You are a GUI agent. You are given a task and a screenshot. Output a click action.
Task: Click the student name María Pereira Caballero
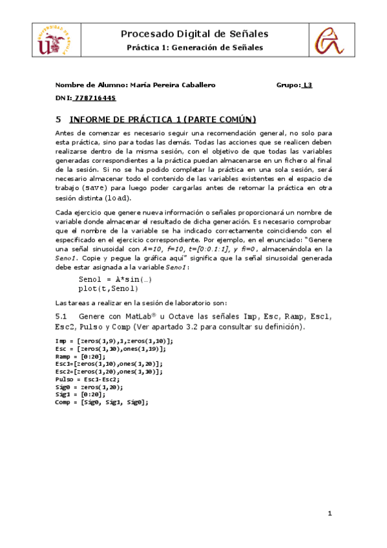[173, 85]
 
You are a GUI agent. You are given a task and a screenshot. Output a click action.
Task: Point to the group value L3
[308, 85]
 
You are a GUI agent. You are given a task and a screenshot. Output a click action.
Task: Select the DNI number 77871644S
[94, 98]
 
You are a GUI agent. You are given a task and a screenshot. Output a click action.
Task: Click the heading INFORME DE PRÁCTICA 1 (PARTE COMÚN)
[163, 120]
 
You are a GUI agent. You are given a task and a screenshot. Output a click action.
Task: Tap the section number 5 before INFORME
[58, 120]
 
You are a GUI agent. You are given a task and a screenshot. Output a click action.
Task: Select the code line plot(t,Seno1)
[109, 288]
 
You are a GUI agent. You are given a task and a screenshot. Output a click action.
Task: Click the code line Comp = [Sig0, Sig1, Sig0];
[102, 402]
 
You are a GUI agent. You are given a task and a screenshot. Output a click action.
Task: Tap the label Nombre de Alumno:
[91, 85]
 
